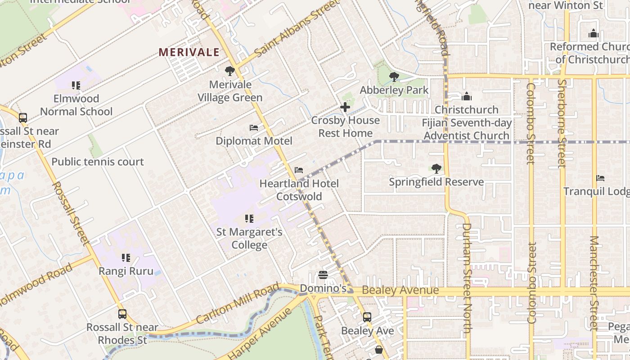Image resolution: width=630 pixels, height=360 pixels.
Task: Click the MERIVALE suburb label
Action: tap(189, 52)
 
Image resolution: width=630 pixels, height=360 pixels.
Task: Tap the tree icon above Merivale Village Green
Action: tap(230, 71)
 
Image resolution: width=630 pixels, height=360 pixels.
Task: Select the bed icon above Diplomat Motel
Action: tap(254, 128)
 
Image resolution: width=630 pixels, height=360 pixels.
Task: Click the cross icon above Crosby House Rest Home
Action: tap(345, 107)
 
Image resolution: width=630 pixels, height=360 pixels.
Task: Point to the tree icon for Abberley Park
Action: tap(394, 77)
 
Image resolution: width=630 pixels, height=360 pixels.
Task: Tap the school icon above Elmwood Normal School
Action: tap(76, 85)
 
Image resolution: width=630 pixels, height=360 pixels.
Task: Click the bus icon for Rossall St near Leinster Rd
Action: tap(23, 118)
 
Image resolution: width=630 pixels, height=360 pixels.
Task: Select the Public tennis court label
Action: tap(98, 162)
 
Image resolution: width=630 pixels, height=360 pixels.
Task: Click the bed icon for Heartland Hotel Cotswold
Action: tap(299, 170)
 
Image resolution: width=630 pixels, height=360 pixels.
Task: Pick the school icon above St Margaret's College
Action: tap(249, 219)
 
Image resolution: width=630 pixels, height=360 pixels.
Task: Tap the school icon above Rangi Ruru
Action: tap(126, 258)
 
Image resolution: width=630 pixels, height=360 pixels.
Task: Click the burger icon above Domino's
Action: tap(323, 274)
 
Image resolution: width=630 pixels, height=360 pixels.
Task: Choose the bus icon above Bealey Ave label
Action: tap(367, 317)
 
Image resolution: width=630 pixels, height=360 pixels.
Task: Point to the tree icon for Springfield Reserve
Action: tap(436, 169)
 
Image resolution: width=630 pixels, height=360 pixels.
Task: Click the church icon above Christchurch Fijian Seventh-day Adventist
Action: tap(467, 96)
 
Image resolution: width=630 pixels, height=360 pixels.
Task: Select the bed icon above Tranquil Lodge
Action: tap(600, 178)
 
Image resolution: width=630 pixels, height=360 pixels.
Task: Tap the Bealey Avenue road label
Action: tap(400, 290)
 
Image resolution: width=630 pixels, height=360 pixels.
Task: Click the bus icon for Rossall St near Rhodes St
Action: tap(122, 314)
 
